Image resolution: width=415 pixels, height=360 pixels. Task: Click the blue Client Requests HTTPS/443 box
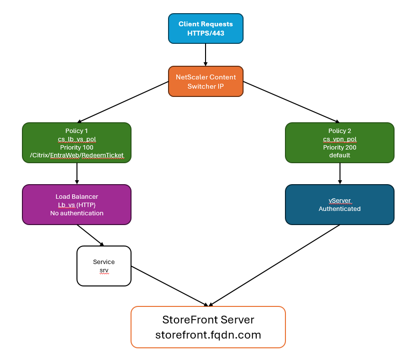206,28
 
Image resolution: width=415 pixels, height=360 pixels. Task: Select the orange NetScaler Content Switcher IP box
206,81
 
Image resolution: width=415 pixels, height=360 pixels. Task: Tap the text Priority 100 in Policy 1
76,147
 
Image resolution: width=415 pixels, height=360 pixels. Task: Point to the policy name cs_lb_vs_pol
76,139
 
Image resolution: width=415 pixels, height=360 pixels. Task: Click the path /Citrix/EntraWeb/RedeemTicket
76,155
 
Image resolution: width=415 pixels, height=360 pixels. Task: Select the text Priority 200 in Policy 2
340,147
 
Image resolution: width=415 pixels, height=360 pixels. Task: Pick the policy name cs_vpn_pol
340,139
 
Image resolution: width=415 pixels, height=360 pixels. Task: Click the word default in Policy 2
340,155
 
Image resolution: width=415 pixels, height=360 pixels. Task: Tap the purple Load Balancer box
76,204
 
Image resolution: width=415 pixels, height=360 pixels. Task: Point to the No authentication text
76,213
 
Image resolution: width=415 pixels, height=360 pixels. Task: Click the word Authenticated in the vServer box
340,208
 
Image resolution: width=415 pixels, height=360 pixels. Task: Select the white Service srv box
104,265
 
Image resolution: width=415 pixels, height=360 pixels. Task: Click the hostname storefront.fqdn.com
208,335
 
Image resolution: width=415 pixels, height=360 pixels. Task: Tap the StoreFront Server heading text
208,320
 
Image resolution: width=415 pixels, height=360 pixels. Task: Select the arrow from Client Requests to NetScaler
206,55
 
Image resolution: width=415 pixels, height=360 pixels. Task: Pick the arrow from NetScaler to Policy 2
290,101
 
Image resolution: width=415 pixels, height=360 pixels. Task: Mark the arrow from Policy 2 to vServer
340,173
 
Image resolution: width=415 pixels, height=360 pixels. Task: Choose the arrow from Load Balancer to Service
90,235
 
